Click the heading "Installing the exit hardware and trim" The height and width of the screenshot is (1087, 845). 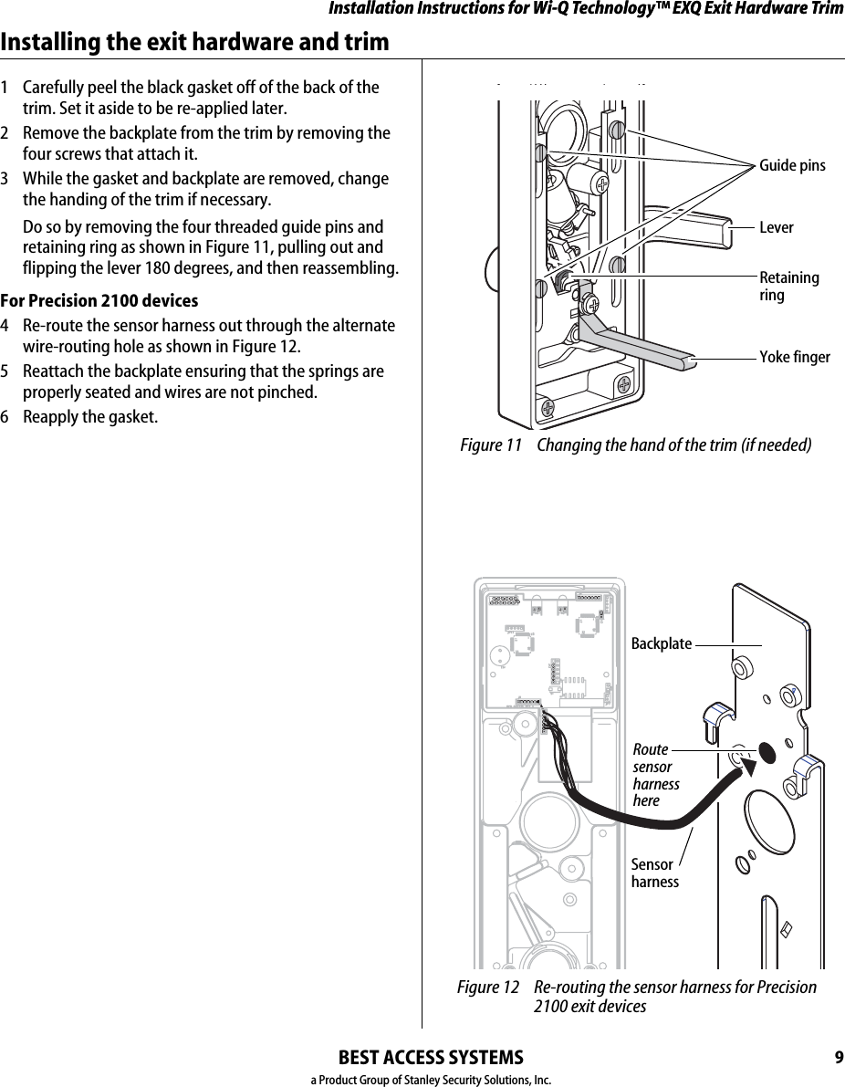(194, 42)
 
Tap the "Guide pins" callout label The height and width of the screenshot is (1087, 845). (792, 165)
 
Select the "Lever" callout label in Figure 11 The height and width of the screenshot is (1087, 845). (777, 227)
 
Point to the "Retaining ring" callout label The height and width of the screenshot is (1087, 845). (788, 287)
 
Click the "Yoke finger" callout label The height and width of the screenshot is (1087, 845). (795, 357)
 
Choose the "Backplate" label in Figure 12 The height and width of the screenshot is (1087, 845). (662, 643)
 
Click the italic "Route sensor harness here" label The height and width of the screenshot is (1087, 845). (655, 775)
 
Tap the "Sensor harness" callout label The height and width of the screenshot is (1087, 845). (654, 873)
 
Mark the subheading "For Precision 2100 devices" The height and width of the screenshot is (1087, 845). (99, 301)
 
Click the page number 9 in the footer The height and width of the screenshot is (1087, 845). (838, 1058)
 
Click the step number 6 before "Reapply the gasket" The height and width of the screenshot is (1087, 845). (6, 417)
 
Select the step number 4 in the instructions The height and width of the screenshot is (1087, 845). (6, 326)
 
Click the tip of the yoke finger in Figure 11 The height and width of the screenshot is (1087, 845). (694, 361)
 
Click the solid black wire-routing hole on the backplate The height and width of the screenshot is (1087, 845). (767, 750)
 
